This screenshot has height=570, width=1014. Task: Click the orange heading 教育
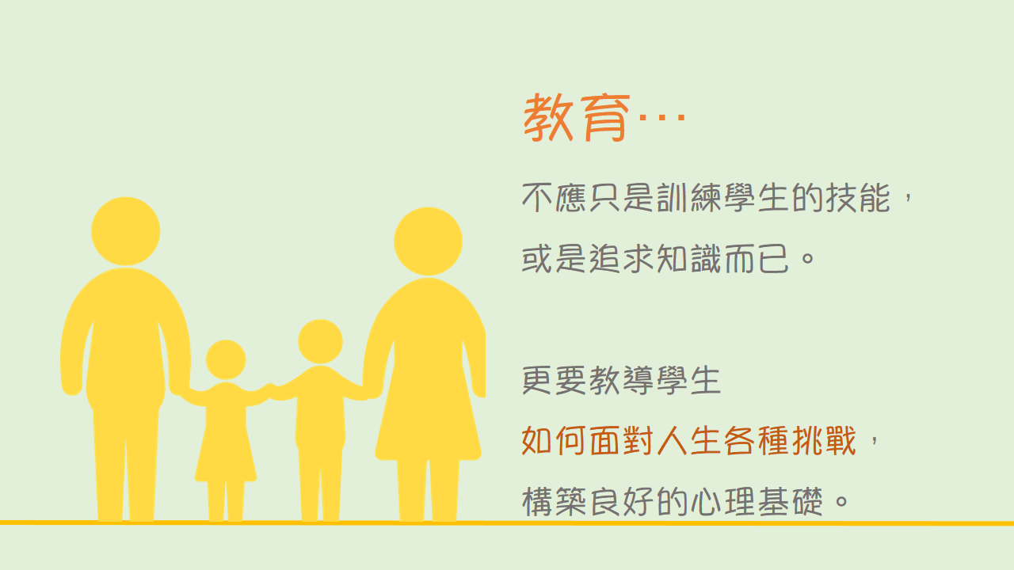tap(576, 118)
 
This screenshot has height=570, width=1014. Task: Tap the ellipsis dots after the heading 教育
tap(661, 118)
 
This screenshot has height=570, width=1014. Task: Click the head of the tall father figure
tap(125, 231)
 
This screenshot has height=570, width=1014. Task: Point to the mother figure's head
tap(428, 241)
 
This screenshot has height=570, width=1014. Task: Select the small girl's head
tap(226, 359)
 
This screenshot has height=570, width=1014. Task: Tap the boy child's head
tap(320, 341)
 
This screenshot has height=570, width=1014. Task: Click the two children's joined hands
tap(271, 390)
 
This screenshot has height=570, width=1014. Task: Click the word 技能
tap(858, 198)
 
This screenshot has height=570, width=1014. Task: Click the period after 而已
tap(807, 259)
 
